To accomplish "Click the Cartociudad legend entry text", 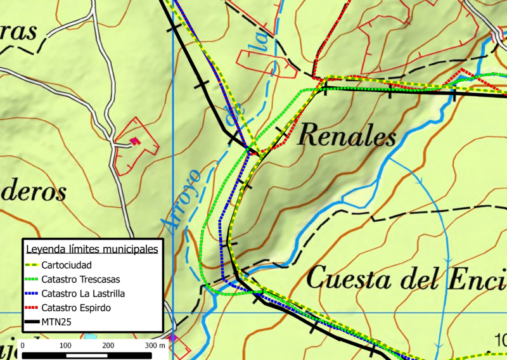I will click(x=68, y=264).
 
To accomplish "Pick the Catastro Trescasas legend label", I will click(x=80, y=279).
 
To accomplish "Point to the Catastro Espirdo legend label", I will click(x=76, y=308).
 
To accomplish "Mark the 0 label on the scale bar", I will click(x=23, y=345).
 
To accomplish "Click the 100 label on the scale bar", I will click(x=65, y=345).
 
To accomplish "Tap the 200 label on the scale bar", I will click(x=108, y=345).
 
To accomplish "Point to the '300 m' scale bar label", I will click(x=155, y=345).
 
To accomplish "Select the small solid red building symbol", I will click(x=134, y=141).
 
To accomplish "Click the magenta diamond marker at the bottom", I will click(x=173, y=338).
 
